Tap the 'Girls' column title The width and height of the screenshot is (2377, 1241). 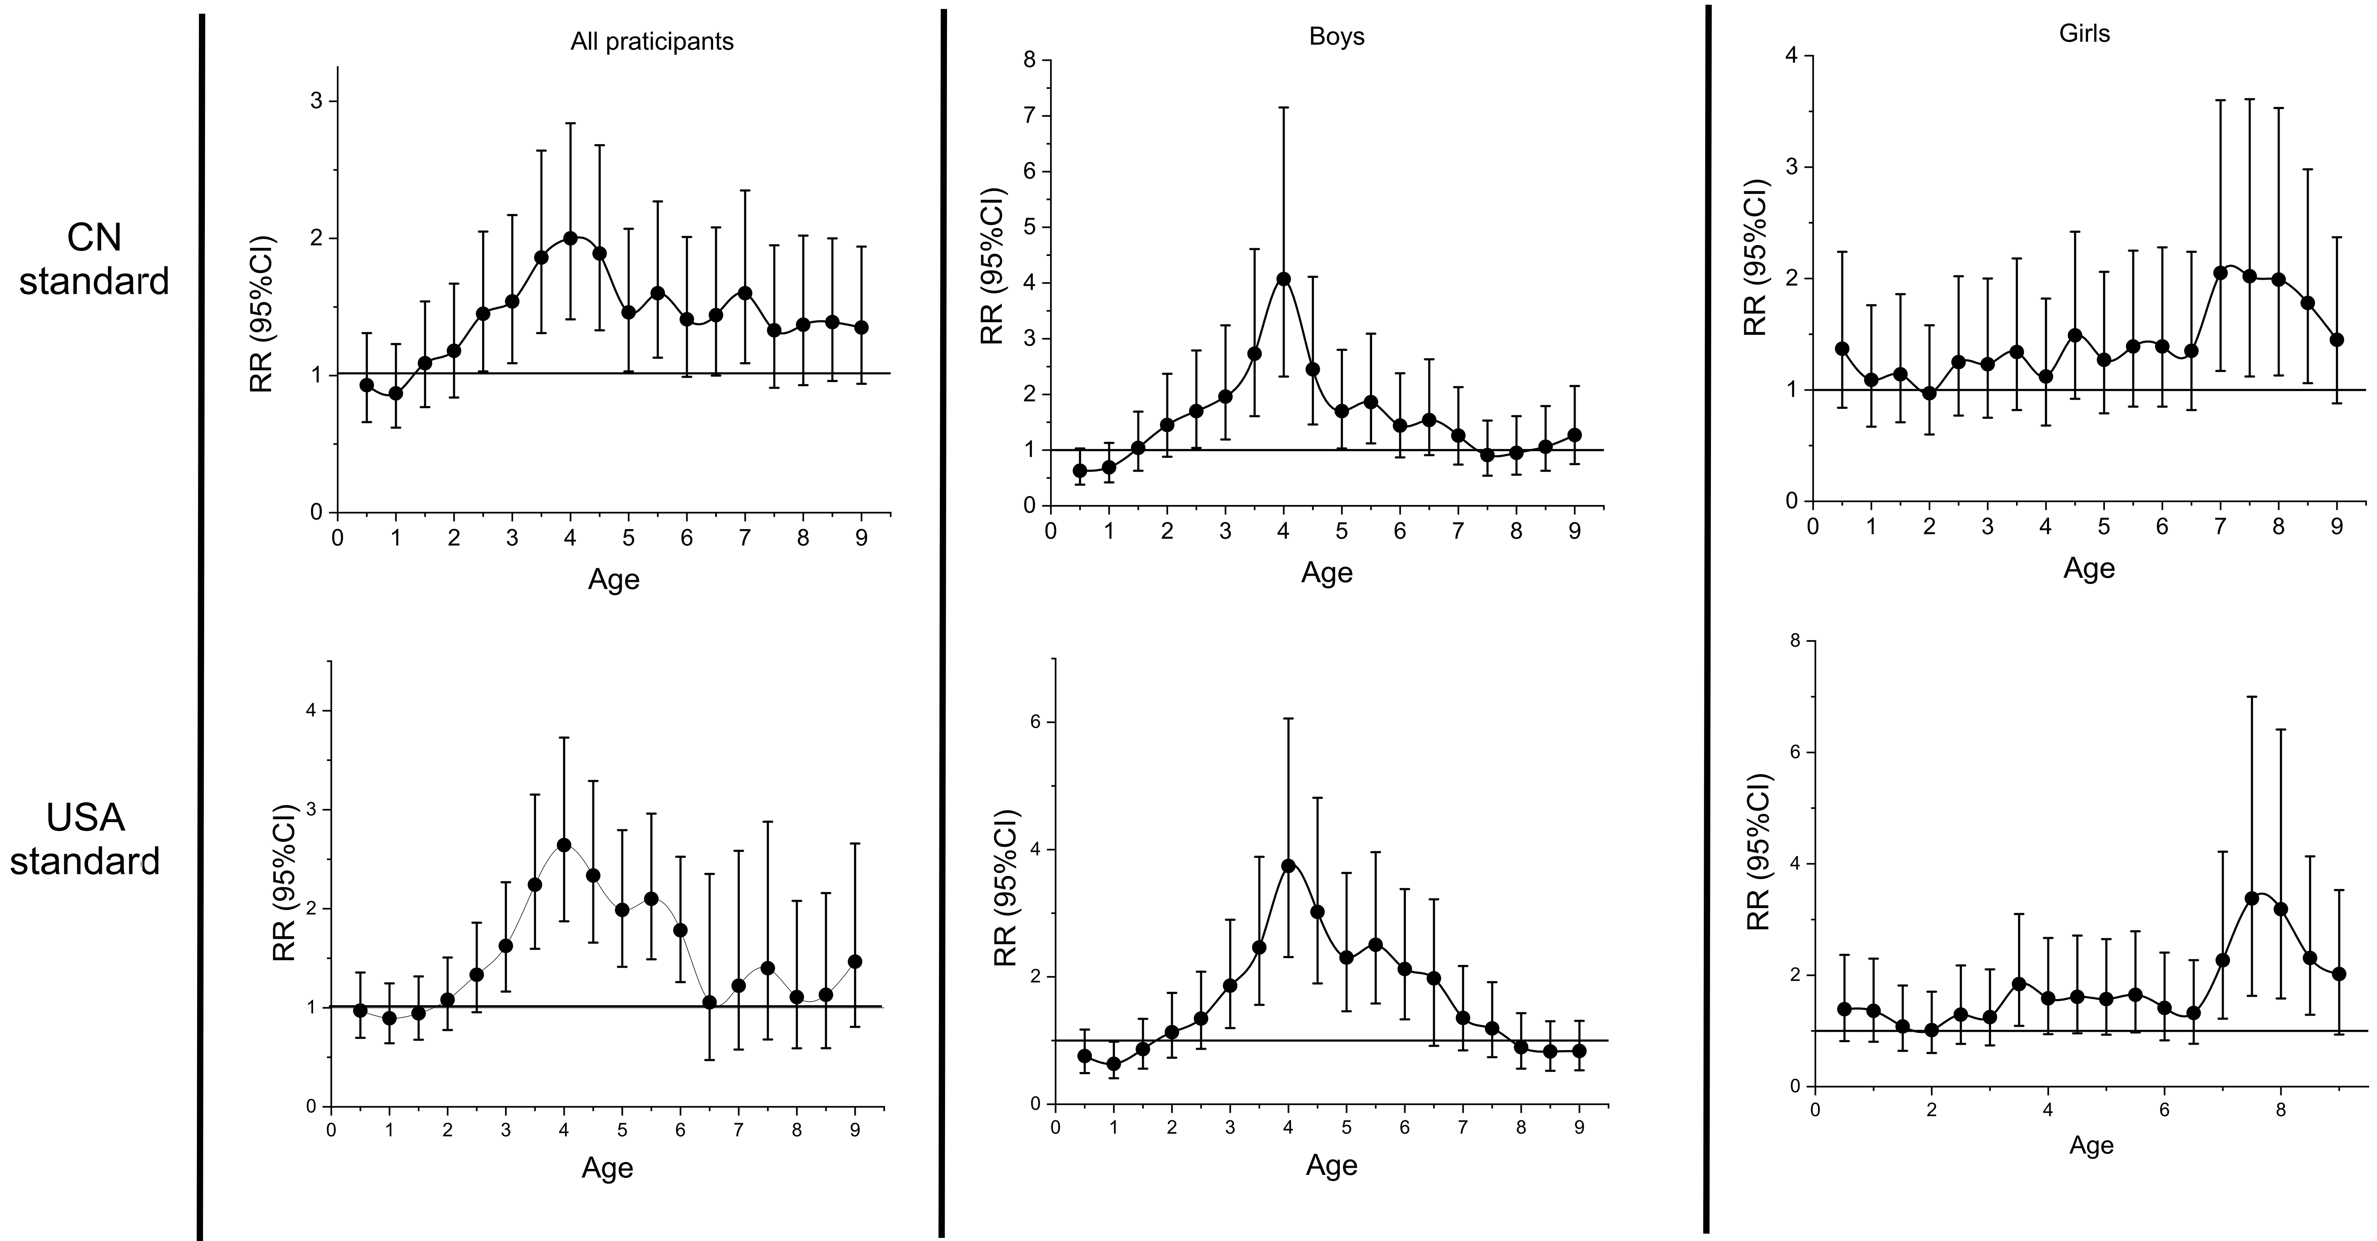coord(2084,33)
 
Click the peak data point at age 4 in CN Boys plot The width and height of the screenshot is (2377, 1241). coord(1283,278)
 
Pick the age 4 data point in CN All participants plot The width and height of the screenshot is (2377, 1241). coord(570,238)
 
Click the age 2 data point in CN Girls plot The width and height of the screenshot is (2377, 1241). coord(1929,393)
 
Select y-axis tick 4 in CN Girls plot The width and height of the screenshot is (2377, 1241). coord(1793,56)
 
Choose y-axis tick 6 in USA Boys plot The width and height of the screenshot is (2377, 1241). coord(1035,722)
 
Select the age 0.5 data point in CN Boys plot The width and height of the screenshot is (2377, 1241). coord(1079,470)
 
